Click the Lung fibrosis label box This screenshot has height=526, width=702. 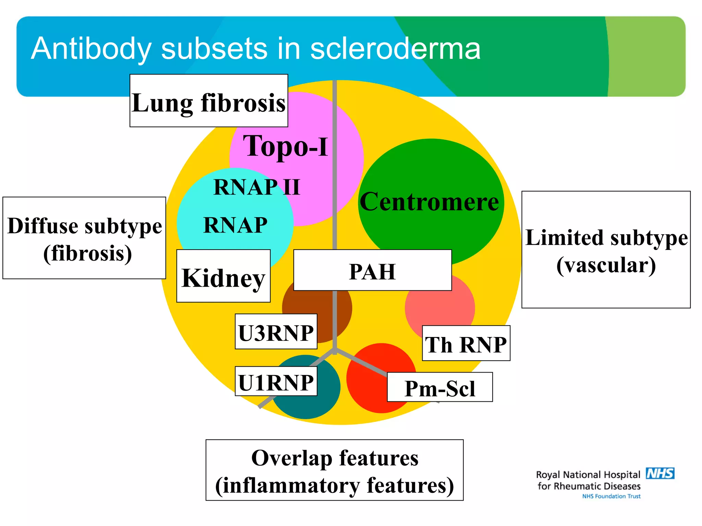(208, 101)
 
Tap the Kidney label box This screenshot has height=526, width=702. (223, 276)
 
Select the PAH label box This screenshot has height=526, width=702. (372, 271)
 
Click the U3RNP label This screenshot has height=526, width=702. (276, 332)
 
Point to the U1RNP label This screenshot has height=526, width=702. (276, 381)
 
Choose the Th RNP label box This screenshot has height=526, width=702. (466, 343)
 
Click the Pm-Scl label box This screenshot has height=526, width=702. (439, 387)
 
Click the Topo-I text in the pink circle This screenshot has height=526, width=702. (286, 146)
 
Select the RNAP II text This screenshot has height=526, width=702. (256, 187)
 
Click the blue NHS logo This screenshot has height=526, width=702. (660, 473)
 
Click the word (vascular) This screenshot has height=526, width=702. (606, 265)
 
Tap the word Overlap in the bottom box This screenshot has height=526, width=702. (291, 458)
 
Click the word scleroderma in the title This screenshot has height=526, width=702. (395, 49)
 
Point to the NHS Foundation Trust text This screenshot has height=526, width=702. (611, 496)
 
